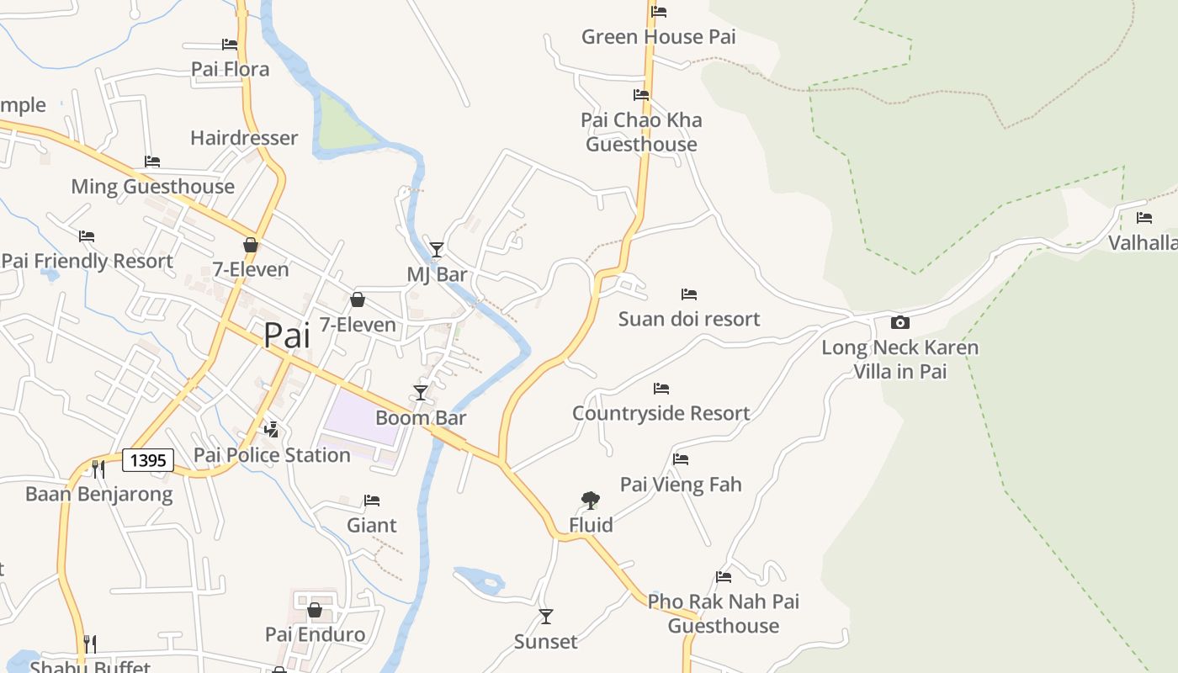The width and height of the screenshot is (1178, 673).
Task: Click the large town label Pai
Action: click(286, 335)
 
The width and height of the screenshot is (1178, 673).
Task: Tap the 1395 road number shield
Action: click(148, 460)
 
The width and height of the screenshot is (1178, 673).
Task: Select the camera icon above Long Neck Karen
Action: click(899, 322)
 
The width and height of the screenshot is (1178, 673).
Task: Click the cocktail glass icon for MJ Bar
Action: click(436, 249)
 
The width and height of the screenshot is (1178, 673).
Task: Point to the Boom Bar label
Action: click(420, 417)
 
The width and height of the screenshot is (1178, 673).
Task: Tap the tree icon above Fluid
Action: click(591, 501)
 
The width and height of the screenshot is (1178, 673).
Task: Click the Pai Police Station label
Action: click(272, 455)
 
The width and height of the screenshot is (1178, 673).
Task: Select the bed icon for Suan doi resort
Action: click(689, 294)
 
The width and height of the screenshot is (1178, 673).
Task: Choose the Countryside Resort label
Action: click(661, 413)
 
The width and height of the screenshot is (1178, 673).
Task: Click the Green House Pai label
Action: click(658, 37)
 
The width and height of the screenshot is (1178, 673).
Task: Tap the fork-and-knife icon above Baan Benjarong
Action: click(98, 469)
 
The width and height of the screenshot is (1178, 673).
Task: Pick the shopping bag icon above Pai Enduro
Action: click(315, 610)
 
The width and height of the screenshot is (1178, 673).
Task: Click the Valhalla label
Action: click(1143, 243)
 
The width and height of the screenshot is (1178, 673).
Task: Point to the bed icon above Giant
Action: click(372, 501)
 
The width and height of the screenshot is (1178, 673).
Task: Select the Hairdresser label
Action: click(244, 138)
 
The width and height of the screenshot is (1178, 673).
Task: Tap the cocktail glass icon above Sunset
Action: click(546, 617)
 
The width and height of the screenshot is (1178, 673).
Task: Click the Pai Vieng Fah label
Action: click(681, 484)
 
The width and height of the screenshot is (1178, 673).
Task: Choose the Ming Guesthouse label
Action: click(152, 186)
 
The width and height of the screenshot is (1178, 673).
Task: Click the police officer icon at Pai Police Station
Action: click(271, 430)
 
